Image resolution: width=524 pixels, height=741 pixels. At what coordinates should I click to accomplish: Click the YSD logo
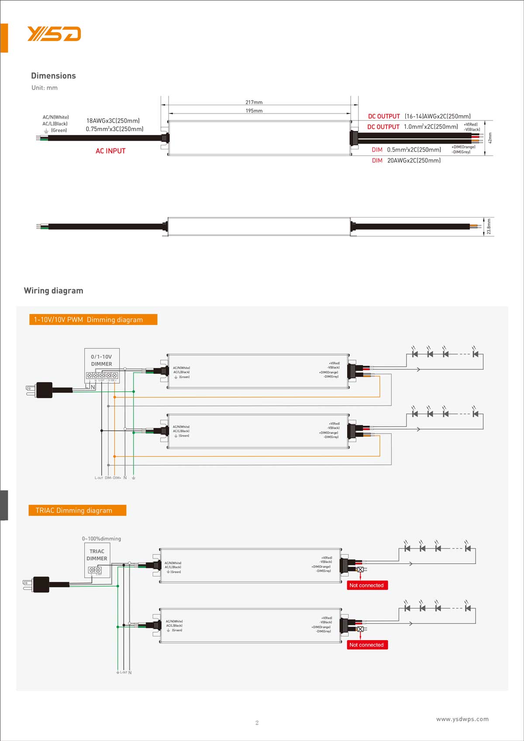coord(54,34)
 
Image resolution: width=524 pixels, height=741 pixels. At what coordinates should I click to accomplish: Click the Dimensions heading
coord(53,76)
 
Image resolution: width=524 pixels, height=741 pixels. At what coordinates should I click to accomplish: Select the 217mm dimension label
coord(254,102)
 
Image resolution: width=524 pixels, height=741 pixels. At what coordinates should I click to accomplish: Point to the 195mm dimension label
coord(254,111)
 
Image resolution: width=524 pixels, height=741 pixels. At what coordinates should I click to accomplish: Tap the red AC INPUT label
coord(110,151)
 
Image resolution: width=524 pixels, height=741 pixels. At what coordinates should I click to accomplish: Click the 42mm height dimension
coord(490,138)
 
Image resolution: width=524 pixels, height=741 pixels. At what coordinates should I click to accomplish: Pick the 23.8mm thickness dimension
coord(489,227)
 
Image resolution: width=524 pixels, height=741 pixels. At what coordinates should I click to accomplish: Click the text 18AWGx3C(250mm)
coord(113,121)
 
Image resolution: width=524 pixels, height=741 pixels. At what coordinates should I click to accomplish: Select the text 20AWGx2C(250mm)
coord(414,161)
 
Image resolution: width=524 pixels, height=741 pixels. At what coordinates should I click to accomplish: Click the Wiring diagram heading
coord(53,291)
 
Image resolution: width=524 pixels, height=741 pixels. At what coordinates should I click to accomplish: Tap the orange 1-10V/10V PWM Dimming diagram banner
coord(93,320)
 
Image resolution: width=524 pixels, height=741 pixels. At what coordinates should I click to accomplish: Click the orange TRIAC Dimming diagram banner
coord(77,510)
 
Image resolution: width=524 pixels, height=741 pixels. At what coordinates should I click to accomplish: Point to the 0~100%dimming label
coord(101,539)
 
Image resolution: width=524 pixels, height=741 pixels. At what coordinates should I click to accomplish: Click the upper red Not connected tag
coord(367,586)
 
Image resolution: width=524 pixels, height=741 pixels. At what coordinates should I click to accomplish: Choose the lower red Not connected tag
coord(367,645)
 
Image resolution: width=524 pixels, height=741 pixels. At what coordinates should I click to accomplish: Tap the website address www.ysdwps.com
coord(462,719)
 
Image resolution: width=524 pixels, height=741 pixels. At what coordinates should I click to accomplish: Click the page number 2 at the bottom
coord(257,723)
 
